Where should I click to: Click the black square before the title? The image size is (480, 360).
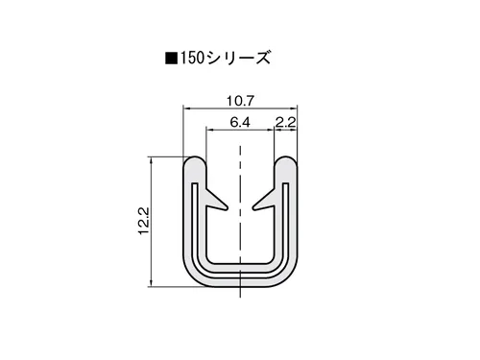171,59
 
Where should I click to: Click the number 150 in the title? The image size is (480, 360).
192,59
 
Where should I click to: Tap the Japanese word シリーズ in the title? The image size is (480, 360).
238,59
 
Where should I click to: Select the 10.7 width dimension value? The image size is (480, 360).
240,101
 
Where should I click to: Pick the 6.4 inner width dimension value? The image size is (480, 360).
240,122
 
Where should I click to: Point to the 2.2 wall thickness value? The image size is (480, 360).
285,122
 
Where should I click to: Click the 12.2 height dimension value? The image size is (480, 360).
144,221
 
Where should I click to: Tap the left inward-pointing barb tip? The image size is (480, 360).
227,208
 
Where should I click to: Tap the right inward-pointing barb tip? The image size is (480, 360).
253,208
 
